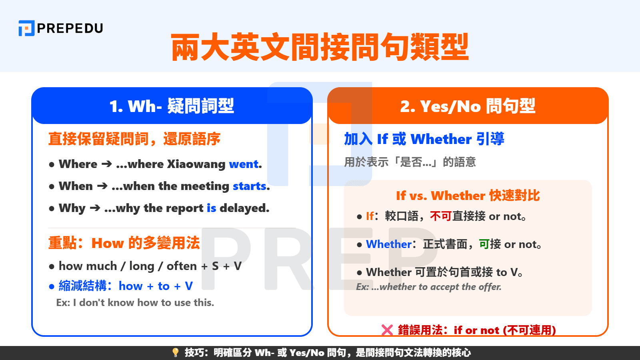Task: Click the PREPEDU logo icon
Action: point(26,28)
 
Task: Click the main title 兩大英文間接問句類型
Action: point(320,47)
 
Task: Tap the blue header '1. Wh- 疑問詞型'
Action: point(172,106)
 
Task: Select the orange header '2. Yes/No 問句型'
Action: point(468,106)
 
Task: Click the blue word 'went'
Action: point(244,164)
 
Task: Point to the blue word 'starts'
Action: point(250,186)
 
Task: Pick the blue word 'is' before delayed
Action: point(211,208)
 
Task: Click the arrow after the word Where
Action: point(106,164)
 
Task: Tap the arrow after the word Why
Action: point(95,208)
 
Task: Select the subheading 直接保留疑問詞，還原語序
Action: point(134,139)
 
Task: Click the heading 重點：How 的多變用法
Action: point(124,243)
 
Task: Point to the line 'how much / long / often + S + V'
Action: point(150,266)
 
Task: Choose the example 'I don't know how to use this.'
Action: point(135,302)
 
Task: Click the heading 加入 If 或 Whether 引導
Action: point(424,139)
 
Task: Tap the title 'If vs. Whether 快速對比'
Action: point(468,196)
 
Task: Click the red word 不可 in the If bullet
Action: point(441,216)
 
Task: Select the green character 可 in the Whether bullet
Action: point(484,244)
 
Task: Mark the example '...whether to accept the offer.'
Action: point(429,287)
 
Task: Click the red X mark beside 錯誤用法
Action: point(387,330)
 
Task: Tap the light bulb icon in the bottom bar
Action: point(175,352)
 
